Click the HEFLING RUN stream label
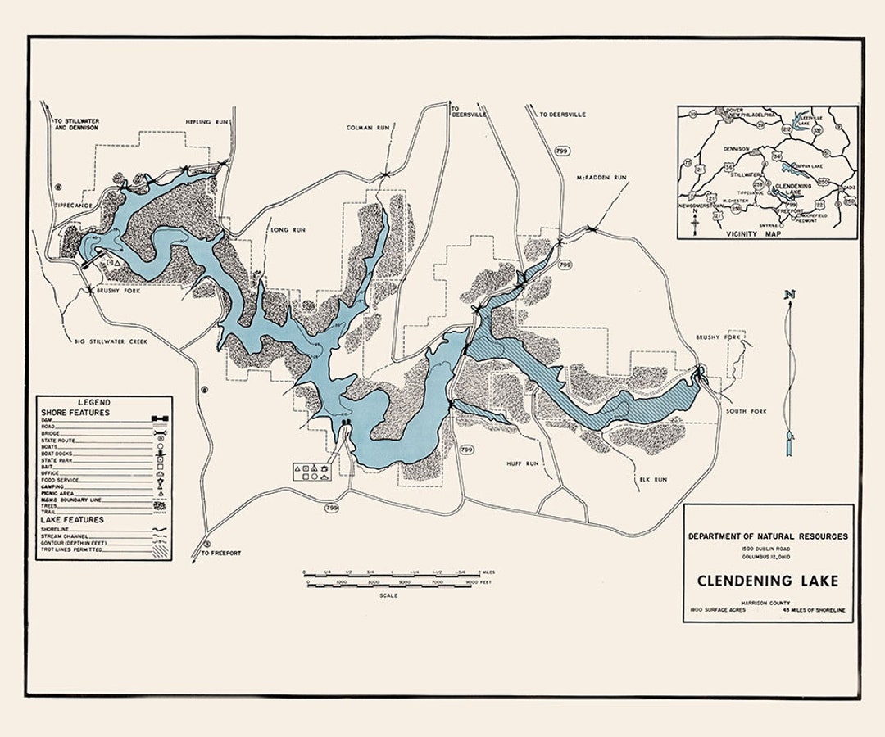click(x=206, y=121)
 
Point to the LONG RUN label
click(x=287, y=230)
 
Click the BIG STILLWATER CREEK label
click(x=111, y=341)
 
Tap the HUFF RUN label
click(x=523, y=463)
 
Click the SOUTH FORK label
click(x=746, y=411)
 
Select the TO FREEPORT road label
click(x=221, y=554)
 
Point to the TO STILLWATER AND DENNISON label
click(x=76, y=124)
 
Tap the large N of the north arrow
click(x=789, y=294)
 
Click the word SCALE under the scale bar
click(x=388, y=595)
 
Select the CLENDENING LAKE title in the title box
click(x=768, y=581)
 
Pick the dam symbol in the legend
click(x=161, y=418)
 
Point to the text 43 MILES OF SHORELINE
click(x=814, y=611)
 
